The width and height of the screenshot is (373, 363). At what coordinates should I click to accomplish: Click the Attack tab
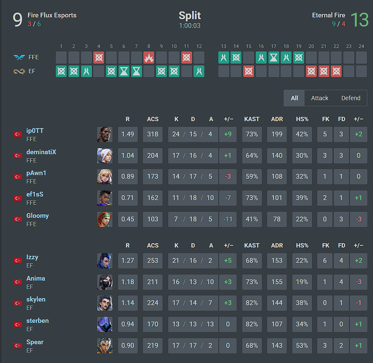click(x=319, y=98)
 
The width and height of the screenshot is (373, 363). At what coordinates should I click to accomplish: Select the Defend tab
click(x=351, y=98)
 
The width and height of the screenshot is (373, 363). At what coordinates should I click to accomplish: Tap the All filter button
click(x=294, y=98)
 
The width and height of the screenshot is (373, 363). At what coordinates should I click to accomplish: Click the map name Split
click(x=190, y=15)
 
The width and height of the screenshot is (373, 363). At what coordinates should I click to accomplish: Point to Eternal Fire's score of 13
click(x=359, y=20)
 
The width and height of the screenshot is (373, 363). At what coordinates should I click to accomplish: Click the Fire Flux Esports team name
click(x=52, y=15)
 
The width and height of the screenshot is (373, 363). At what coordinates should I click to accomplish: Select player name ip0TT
click(x=35, y=131)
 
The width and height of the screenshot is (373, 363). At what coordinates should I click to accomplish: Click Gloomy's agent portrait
click(x=105, y=219)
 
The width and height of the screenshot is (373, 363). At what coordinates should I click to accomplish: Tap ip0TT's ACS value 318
click(x=153, y=134)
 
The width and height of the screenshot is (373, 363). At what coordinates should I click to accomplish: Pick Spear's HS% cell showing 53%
click(x=302, y=346)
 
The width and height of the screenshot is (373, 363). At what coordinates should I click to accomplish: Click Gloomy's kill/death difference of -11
click(x=227, y=219)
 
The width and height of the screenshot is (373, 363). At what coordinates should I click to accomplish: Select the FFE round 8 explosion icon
click(x=149, y=58)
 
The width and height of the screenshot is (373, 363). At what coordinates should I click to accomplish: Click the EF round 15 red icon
click(x=248, y=71)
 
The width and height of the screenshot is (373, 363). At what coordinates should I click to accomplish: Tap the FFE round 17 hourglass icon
click(x=274, y=58)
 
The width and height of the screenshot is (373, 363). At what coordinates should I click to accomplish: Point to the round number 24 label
click(x=361, y=46)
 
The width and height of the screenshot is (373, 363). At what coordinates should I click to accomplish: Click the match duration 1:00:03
click(x=190, y=25)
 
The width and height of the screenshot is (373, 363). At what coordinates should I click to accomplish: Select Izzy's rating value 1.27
click(x=128, y=261)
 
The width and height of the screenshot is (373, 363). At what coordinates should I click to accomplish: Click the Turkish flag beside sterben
click(x=18, y=325)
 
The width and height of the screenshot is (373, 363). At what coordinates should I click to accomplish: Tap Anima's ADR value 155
click(x=277, y=282)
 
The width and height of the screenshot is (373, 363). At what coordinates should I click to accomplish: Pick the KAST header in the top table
click(x=252, y=119)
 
